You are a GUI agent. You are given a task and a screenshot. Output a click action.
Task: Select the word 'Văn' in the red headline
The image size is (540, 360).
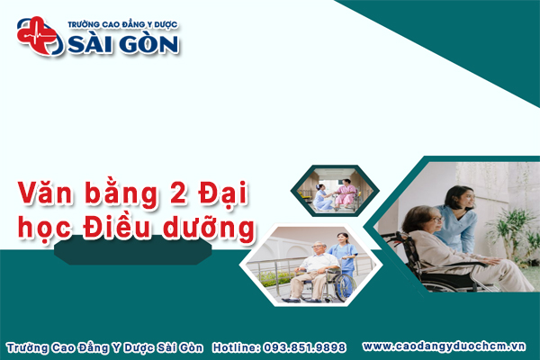point(46,193)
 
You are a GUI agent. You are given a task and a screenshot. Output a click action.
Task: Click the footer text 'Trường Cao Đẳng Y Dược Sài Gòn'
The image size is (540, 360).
point(106,346)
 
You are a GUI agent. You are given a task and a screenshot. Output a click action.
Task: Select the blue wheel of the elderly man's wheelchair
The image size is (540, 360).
point(342,286)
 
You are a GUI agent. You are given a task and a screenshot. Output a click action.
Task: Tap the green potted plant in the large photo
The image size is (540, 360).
point(518,225)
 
